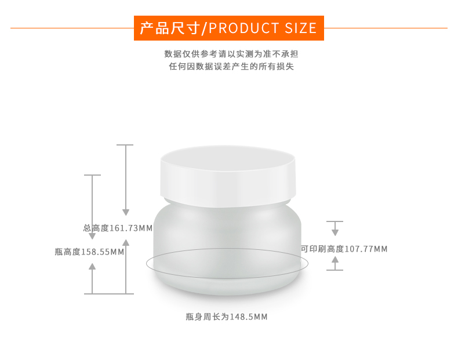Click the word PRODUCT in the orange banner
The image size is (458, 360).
click(243, 28)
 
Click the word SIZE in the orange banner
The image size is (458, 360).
click(300, 28)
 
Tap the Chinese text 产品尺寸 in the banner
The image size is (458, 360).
click(170, 28)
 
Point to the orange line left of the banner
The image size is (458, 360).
click(72, 28)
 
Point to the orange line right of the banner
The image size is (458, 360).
click(386, 28)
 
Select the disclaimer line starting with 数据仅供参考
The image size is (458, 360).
click(231, 54)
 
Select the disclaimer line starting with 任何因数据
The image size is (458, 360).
click(231, 67)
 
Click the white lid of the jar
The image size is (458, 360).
click(228, 176)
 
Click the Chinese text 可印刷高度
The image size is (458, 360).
click(322, 249)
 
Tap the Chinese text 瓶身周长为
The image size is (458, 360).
click(208, 317)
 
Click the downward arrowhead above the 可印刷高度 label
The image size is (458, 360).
click(335, 232)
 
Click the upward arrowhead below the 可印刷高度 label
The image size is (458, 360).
click(335, 260)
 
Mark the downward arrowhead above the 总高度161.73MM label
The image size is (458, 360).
click(126, 212)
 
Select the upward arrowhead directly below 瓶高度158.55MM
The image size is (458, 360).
click(92, 266)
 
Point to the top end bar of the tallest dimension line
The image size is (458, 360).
click(125, 145)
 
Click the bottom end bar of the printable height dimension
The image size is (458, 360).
click(335, 270)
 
